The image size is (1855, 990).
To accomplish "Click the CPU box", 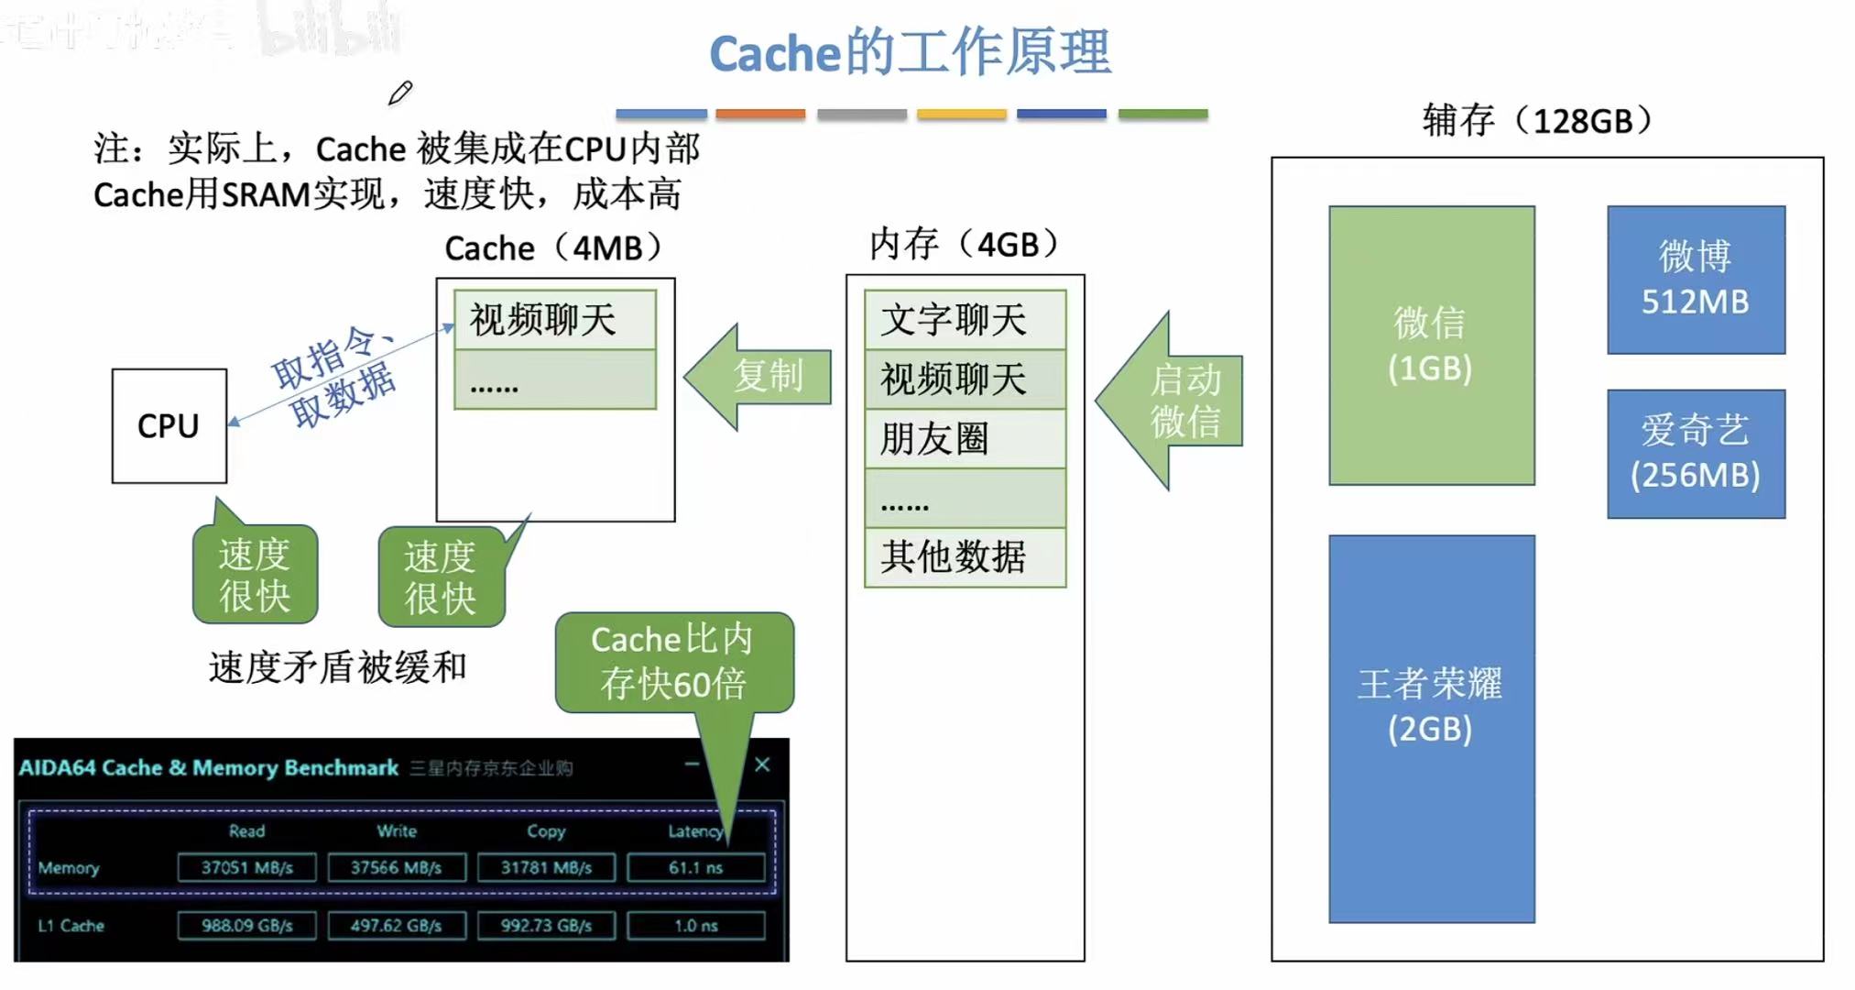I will point(169,425).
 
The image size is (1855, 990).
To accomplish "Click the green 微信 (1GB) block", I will point(1431,345).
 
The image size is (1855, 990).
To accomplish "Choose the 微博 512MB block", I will point(1696,280).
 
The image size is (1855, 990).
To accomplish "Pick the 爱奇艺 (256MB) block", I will point(1696,453).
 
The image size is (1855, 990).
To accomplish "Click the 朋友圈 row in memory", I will point(965,439).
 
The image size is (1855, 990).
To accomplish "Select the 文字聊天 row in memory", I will point(965,320).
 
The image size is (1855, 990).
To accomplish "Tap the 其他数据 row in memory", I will point(965,556).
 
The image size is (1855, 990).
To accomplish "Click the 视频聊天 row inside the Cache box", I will point(554,320).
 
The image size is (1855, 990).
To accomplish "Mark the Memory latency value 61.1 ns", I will point(695,867).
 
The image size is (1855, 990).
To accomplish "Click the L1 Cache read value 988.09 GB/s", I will point(246,926).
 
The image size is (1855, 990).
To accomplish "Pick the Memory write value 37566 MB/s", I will point(396,867).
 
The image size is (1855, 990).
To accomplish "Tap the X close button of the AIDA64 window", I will point(762,764).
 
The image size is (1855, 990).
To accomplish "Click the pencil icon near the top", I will point(400,93).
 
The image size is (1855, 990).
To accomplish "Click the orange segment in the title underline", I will point(760,115).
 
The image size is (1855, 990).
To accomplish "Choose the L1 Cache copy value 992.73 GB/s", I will point(546,926).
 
